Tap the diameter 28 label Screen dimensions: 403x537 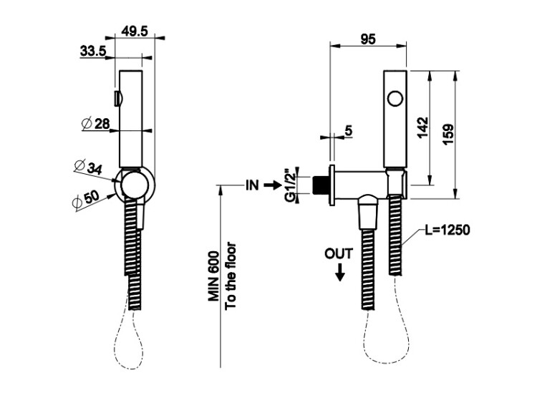[97, 124]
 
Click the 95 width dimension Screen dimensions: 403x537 [368, 39]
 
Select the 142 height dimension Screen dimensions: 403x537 [423, 128]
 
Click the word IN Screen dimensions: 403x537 [252, 185]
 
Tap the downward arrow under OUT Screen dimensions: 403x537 [339, 271]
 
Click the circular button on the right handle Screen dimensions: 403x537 [395, 97]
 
